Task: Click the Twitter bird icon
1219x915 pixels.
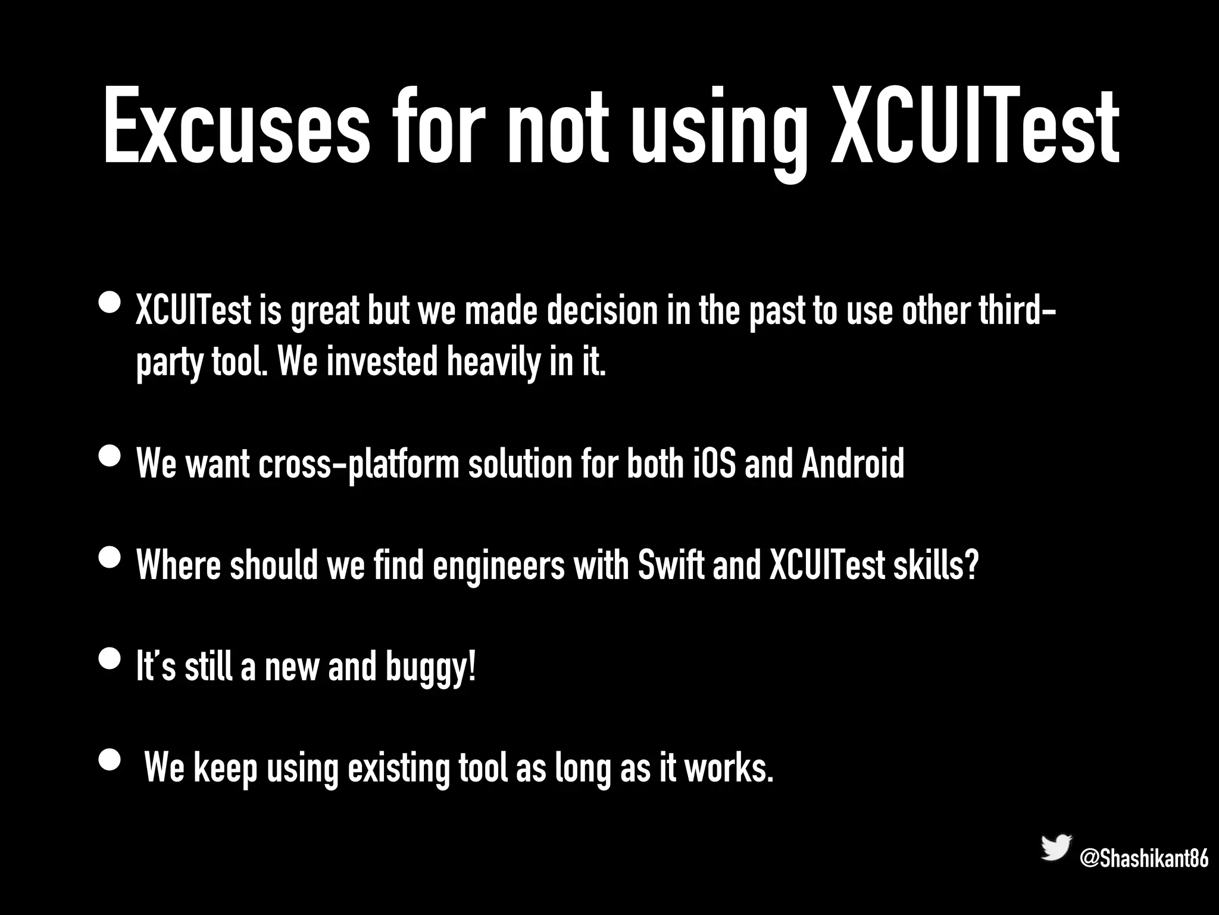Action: pyautogui.click(x=1056, y=847)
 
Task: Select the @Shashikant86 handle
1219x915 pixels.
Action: pyautogui.click(x=1143, y=858)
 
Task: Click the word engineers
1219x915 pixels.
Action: pyautogui.click(x=499, y=565)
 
